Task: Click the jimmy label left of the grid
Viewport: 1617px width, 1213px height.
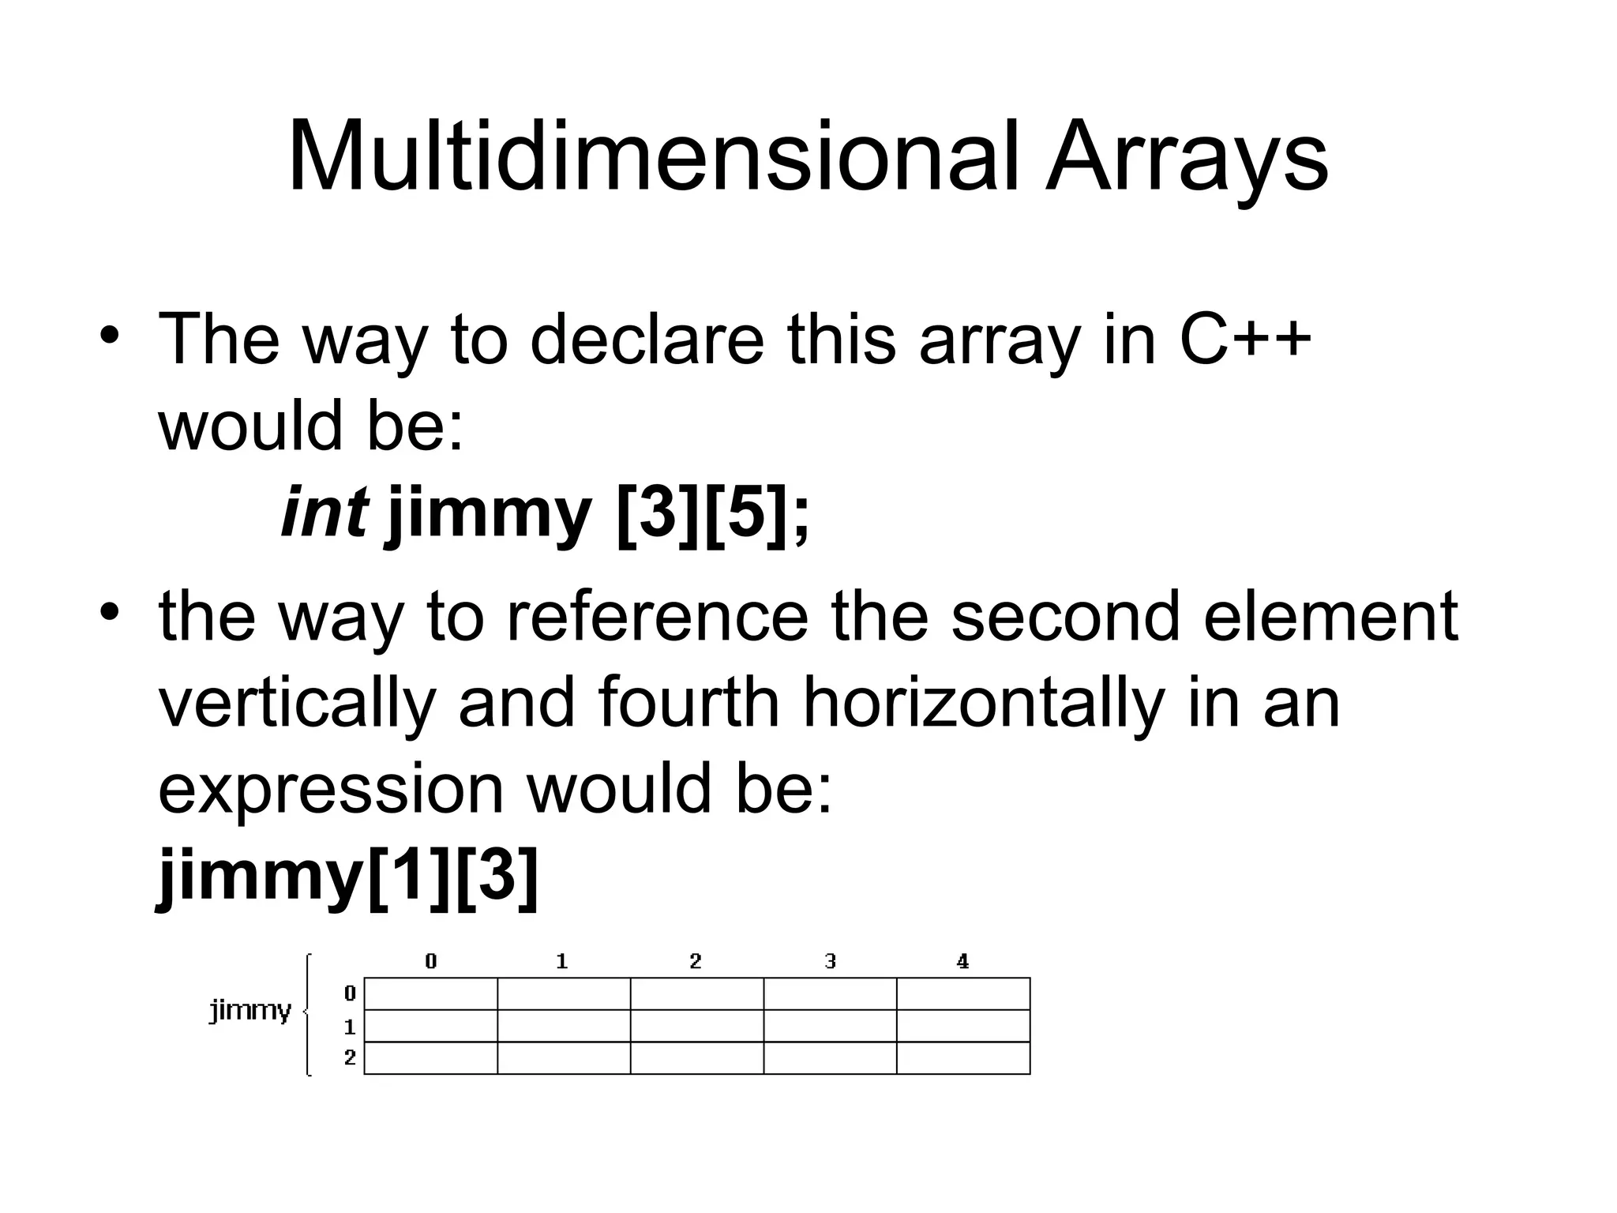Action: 249,1010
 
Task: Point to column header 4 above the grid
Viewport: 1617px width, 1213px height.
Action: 962,961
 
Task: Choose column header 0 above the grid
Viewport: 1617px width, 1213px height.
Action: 430,961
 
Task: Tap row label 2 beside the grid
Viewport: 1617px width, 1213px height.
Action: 350,1057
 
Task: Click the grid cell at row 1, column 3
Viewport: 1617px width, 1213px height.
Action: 830,1026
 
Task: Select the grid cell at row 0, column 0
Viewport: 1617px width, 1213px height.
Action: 430,993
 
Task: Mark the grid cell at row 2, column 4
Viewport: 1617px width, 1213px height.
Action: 963,1058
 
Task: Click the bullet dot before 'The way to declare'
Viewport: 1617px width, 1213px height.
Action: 110,332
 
